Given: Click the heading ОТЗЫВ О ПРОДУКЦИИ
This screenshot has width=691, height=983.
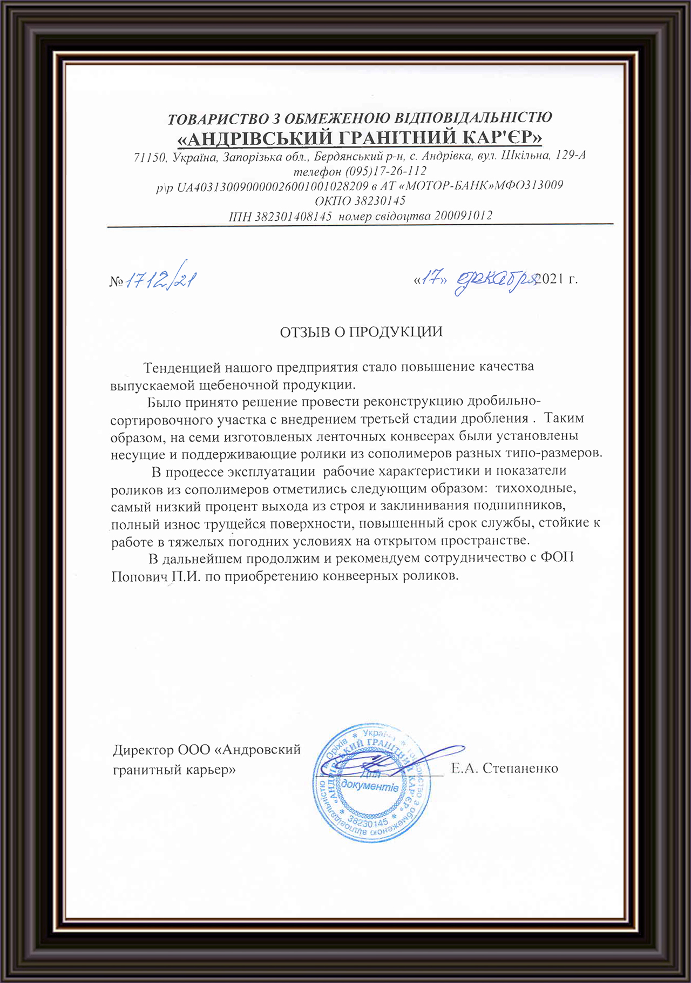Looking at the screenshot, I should pos(361,332).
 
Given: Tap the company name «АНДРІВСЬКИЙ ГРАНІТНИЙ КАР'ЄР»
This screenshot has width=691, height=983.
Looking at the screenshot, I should pos(360,138).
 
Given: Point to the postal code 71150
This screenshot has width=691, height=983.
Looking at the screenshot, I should pos(151,157).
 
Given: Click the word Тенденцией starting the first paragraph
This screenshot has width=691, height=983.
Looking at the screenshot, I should pos(182,367).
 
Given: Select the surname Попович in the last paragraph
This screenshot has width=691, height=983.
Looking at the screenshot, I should pos(138,576).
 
